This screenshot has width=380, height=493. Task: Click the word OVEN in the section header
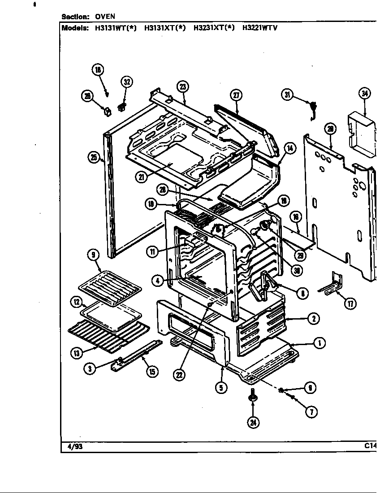pyautogui.click(x=105, y=17)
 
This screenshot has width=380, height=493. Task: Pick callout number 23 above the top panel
pyautogui.click(x=183, y=86)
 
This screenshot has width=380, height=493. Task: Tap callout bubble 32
pyautogui.click(x=127, y=82)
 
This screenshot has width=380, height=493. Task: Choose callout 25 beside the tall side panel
pyautogui.click(x=94, y=157)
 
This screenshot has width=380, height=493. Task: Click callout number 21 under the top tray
pyautogui.click(x=142, y=177)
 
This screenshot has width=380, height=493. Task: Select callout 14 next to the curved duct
pyautogui.click(x=289, y=149)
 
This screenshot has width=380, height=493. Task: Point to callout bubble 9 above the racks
pyautogui.click(x=94, y=255)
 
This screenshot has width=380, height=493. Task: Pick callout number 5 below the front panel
pyautogui.click(x=220, y=388)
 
